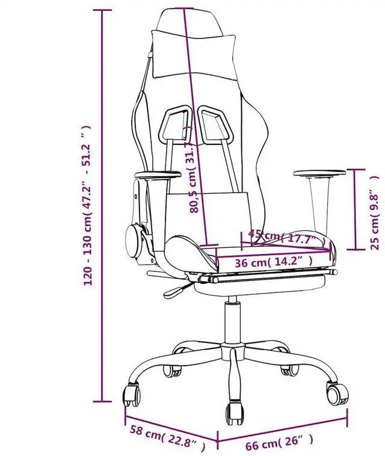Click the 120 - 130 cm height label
pos(88,205)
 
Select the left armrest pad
pos(158,176)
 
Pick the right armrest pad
pos(319,174)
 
